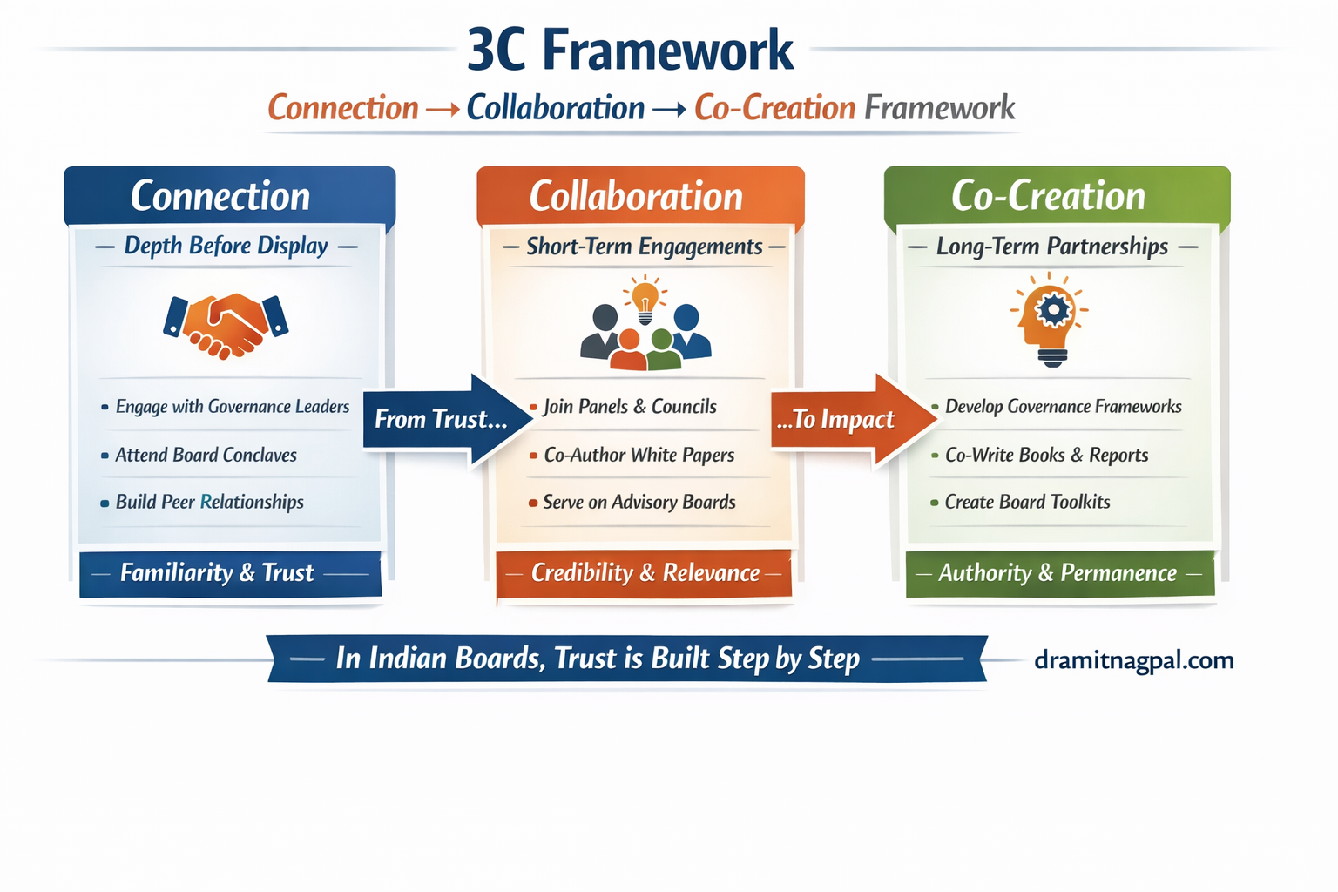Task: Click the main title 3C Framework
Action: [x=630, y=50]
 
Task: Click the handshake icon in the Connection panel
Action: [x=226, y=325]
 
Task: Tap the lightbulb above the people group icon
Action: [x=645, y=299]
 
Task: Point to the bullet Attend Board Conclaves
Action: [x=206, y=455]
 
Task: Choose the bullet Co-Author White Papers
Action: [x=639, y=455]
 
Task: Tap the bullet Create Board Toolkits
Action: [x=1027, y=502]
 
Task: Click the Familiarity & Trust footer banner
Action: [x=229, y=573]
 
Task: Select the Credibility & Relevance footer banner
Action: [x=645, y=573]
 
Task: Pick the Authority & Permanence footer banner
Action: [x=1058, y=573]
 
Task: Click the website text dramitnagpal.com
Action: [x=1133, y=660]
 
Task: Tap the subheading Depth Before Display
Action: [x=226, y=246]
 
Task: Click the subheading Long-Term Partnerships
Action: [x=1051, y=247]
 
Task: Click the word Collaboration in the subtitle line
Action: [x=555, y=108]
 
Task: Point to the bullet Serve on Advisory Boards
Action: [x=639, y=502]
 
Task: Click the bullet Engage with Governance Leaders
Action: [x=232, y=407]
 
